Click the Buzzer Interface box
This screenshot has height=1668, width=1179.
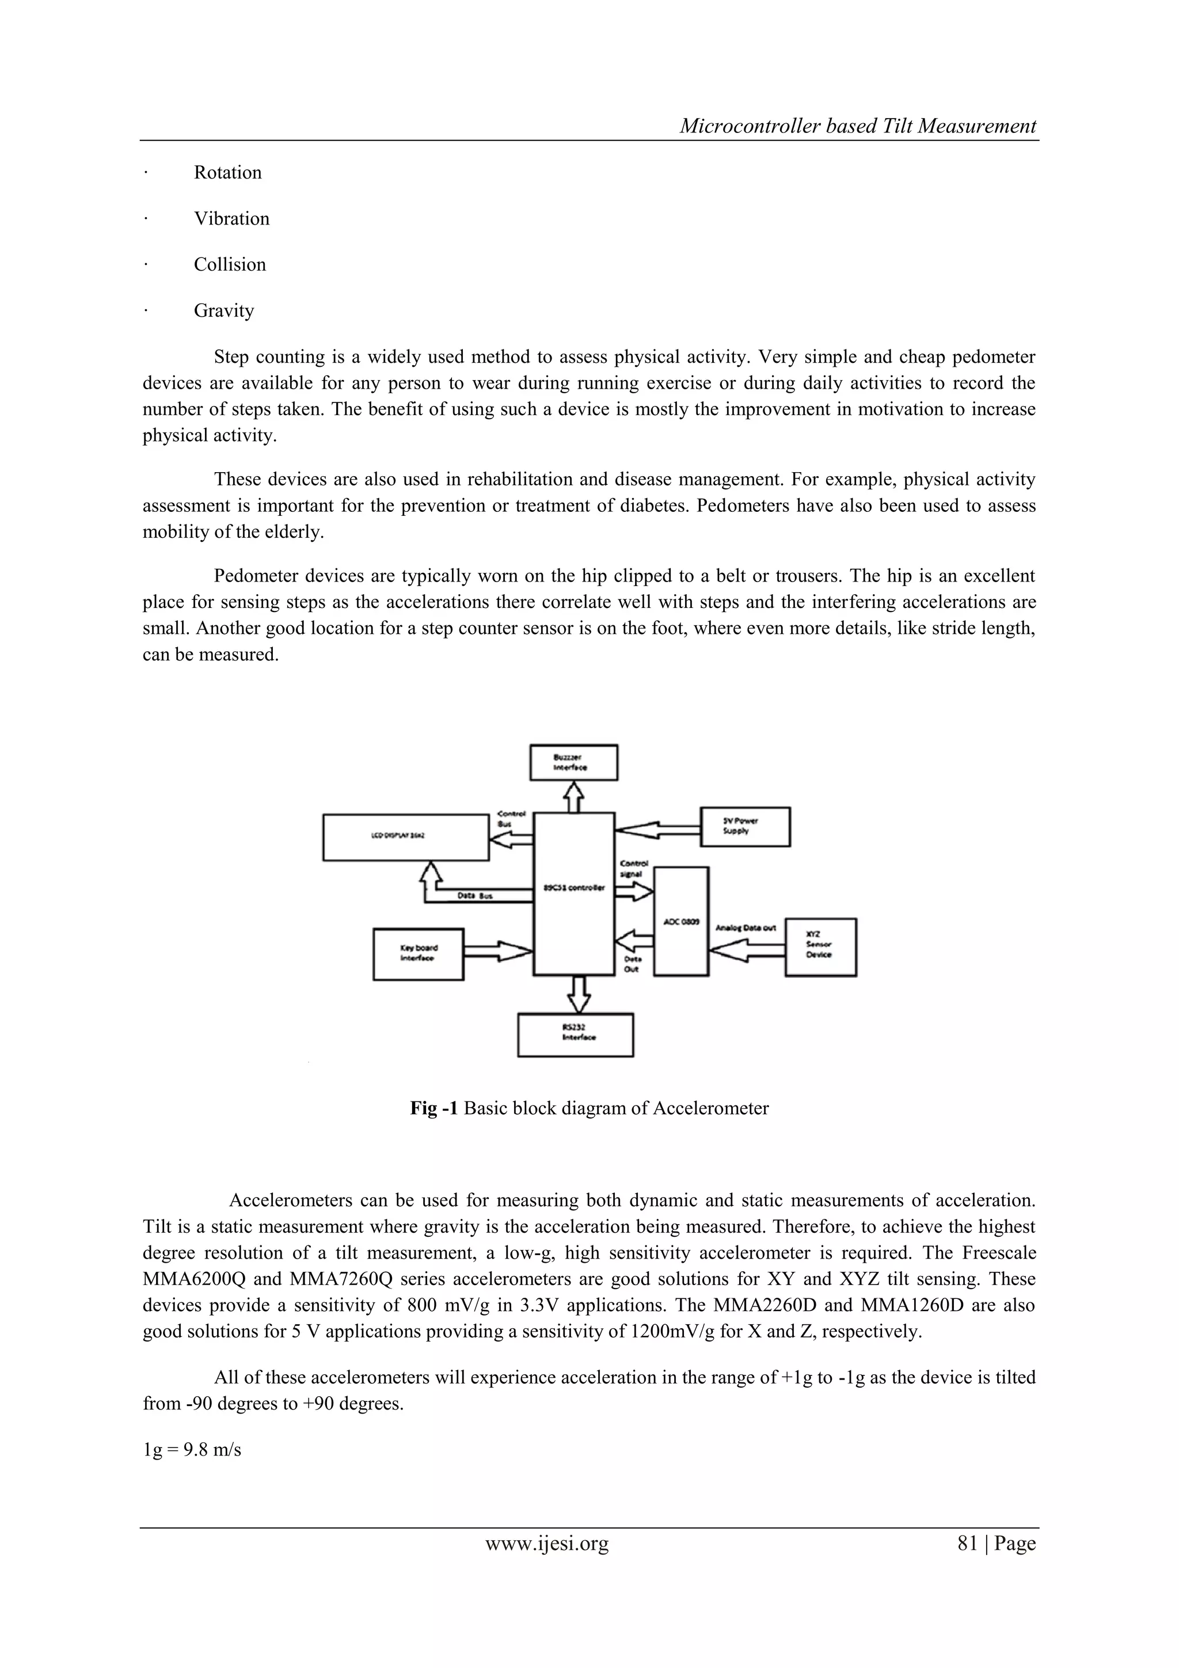[573, 762]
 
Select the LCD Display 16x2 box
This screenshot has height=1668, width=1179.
[405, 837]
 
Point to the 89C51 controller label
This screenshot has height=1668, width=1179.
[574, 888]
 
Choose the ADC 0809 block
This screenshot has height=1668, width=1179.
[680, 921]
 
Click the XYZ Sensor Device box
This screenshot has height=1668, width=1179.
[820, 947]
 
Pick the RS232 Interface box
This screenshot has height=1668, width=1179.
[575, 1035]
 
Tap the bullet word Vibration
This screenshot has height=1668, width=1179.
[231, 219]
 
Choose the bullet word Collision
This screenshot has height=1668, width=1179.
[230, 264]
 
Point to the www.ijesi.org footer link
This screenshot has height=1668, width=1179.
[546, 1543]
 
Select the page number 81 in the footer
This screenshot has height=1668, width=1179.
[968, 1543]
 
